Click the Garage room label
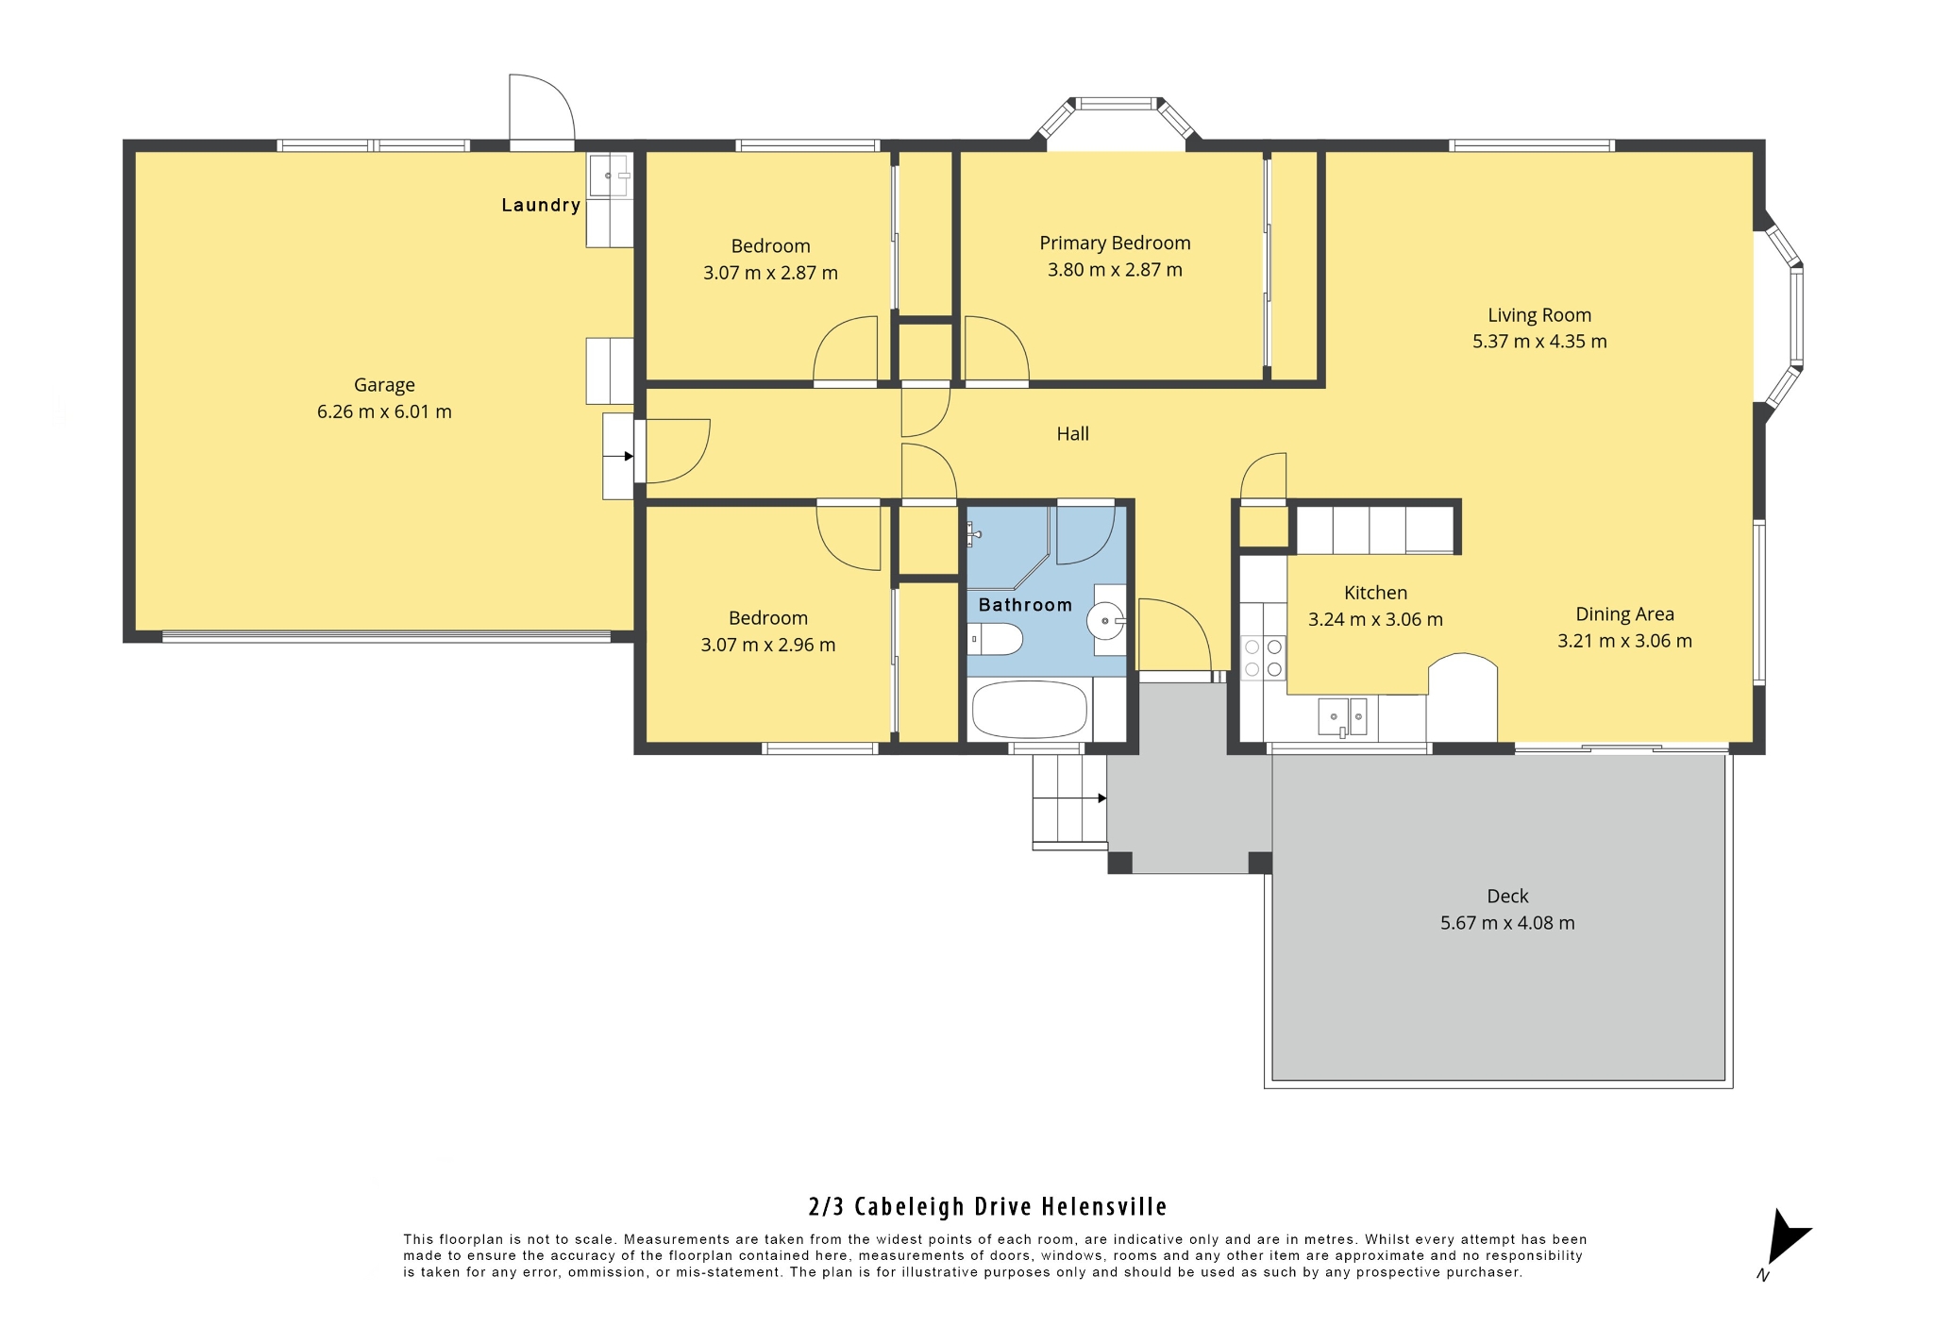pos(384,385)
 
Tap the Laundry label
pos(541,205)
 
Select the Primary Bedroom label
pos(1115,243)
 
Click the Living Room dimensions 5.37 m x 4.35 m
pos(1539,342)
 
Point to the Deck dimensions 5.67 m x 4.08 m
pos(1507,923)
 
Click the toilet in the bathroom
pos(995,639)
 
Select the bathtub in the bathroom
pos(1030,709)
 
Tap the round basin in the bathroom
pos(1105,621)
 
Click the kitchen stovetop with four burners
pos(1264,658)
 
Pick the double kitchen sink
pos(1343,716)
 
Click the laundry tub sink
pos(610,175)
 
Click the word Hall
pos(1072,434)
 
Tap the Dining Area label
pos(1624,614)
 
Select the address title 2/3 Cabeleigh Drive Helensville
pos(988,1207)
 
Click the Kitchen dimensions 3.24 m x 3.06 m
pos(1375,620)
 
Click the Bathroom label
pos(1025,605)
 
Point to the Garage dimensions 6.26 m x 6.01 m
pos(384,412)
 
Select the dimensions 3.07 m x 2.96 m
pos(768,646)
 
